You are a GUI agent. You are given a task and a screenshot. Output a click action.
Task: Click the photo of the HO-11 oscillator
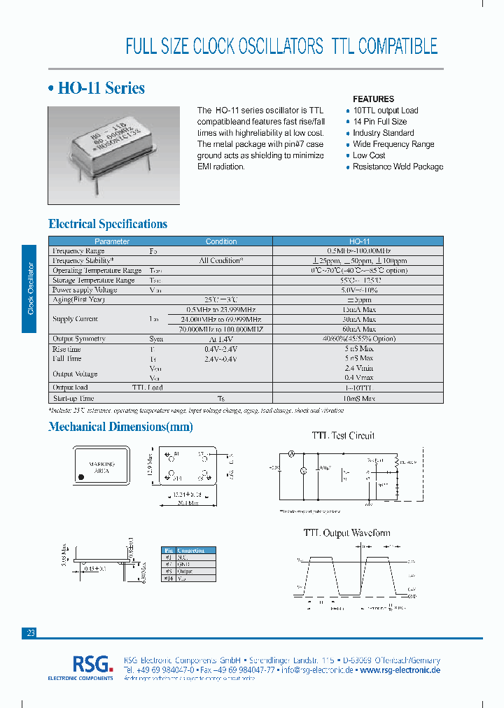[x=114, y=155]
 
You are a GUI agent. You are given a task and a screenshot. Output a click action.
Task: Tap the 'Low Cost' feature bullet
[x=369, y=155]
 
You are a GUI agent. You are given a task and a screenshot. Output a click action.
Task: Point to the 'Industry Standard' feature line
[x=383, y=133]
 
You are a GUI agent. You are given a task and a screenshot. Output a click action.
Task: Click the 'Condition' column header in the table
[x=221, y=241]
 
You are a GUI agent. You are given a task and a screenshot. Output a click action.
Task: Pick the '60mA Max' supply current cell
[x=359, y=329]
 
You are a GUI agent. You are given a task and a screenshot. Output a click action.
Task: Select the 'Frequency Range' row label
[x=78, y=250]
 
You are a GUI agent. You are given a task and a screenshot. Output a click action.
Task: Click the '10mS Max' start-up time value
[x=359, y=397]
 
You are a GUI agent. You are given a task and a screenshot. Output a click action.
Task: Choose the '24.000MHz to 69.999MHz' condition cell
[x=220, y=319]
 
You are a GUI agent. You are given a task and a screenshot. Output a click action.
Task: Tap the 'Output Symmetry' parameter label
[x=79, y=339]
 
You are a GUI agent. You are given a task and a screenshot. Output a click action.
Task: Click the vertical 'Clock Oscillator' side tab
[x=29, y=289]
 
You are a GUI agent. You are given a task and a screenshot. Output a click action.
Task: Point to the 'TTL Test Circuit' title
[x=343, y=435]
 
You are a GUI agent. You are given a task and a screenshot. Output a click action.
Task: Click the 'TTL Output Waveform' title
[x=346, y=533]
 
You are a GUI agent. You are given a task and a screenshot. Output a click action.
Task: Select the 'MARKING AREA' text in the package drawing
[x=102, y=467]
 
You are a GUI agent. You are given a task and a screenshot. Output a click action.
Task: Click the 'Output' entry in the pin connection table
[x=185, y=571]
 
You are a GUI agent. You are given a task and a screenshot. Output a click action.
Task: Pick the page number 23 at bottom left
[x=30, y=632]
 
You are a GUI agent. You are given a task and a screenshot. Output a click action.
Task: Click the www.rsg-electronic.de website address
[x=400, y=670]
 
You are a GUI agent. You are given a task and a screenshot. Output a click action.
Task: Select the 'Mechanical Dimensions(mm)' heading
[x=120, y=427]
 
